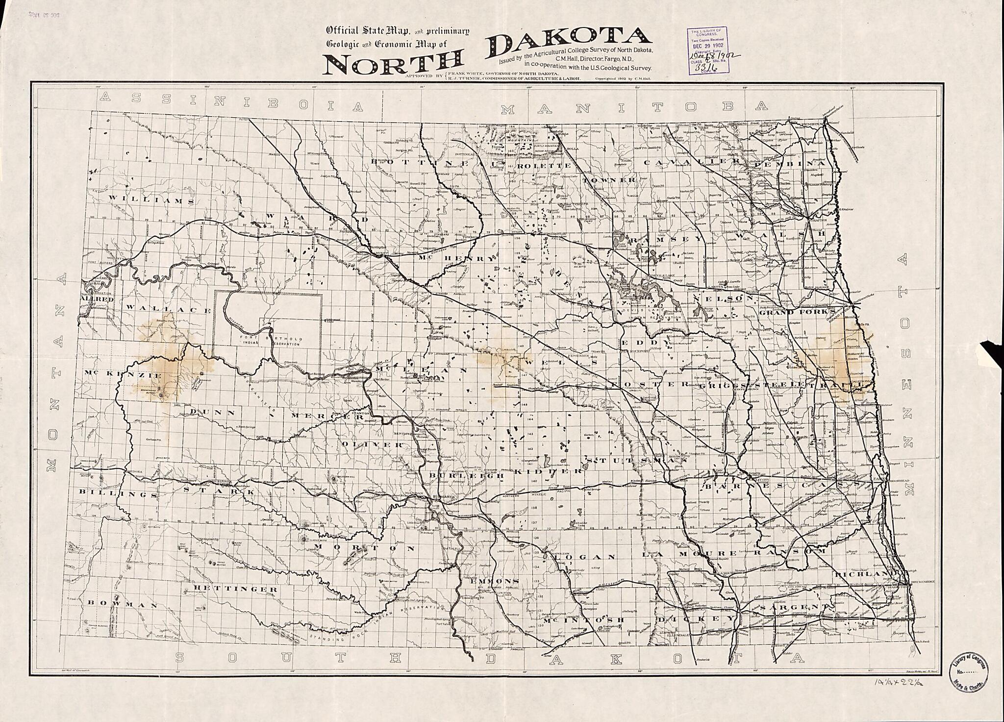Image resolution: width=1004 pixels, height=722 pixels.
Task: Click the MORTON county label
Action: [x=365, y=548]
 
